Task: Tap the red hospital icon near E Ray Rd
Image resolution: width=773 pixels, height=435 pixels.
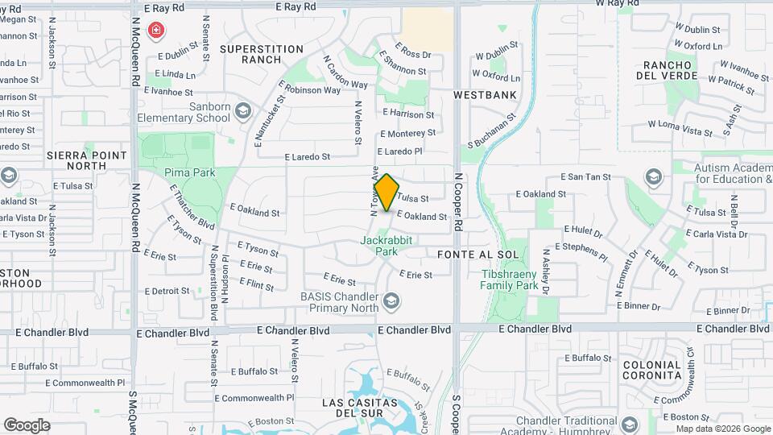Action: [x=156, y=31]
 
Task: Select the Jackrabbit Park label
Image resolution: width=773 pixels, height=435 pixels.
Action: [x=379, y=246]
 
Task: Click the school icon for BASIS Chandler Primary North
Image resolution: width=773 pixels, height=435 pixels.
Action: [x=391, y=301]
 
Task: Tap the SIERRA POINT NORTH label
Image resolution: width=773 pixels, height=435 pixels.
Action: [x=87, y=159]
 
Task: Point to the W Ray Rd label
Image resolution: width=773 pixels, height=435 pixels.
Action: [x=622, y=4]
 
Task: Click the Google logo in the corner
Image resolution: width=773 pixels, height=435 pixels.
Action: [x=27, y=425]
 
